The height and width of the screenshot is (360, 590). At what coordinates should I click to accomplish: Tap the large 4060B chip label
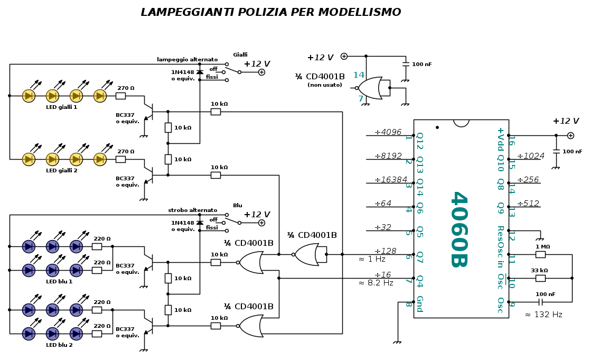(458, 229)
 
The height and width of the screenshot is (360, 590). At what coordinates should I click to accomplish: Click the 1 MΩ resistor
(540, 254)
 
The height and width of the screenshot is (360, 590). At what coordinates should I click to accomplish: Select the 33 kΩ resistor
(540, 278)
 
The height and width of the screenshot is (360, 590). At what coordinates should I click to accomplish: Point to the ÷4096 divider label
(388, 132)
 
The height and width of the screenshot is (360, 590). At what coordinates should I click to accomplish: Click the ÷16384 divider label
(390, 180)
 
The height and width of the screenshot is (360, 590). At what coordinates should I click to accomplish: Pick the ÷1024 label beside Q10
(530, 156)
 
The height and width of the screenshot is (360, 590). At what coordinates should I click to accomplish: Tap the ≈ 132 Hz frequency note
(543, 315)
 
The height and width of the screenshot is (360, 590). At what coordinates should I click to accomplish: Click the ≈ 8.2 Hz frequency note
(376, 283)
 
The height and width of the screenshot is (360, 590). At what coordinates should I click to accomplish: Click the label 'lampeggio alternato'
(187, 60)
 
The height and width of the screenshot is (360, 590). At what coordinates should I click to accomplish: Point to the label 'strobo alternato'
(192, 210)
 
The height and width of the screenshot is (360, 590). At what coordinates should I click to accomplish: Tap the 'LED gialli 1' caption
(61, 107)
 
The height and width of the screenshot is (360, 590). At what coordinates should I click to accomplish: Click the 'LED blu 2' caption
(59, 345)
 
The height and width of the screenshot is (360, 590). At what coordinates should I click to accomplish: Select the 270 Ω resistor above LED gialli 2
(120, 159)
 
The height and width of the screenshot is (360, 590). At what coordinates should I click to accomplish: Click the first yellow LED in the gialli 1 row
(29, 96)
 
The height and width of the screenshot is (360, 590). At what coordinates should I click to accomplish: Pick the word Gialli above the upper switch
(240, 55)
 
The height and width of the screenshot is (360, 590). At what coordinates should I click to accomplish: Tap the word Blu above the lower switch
(238, 206)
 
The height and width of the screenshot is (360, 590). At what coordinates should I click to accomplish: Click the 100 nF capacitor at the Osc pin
(540, 302)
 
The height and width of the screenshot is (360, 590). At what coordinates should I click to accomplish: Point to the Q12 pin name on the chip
(419, 141)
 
